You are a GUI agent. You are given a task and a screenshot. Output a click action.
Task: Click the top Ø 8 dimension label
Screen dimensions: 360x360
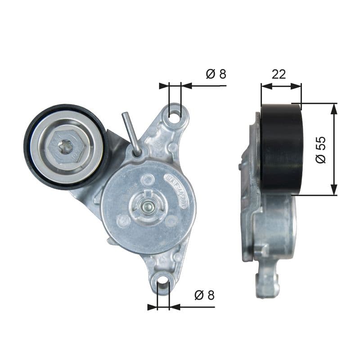tap(216, 74)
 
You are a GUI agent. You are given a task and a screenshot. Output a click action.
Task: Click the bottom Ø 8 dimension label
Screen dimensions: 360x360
tap(204, 295)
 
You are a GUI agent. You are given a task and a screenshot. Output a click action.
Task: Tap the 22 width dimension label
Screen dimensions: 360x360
tap(279, 74)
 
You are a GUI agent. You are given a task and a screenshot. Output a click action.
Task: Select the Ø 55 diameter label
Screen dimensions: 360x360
tap(321, 149)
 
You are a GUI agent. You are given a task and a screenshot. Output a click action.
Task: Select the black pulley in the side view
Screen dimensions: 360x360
tap(282, 148)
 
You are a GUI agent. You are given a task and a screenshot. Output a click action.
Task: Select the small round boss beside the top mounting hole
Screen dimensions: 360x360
tap(173, 147)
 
